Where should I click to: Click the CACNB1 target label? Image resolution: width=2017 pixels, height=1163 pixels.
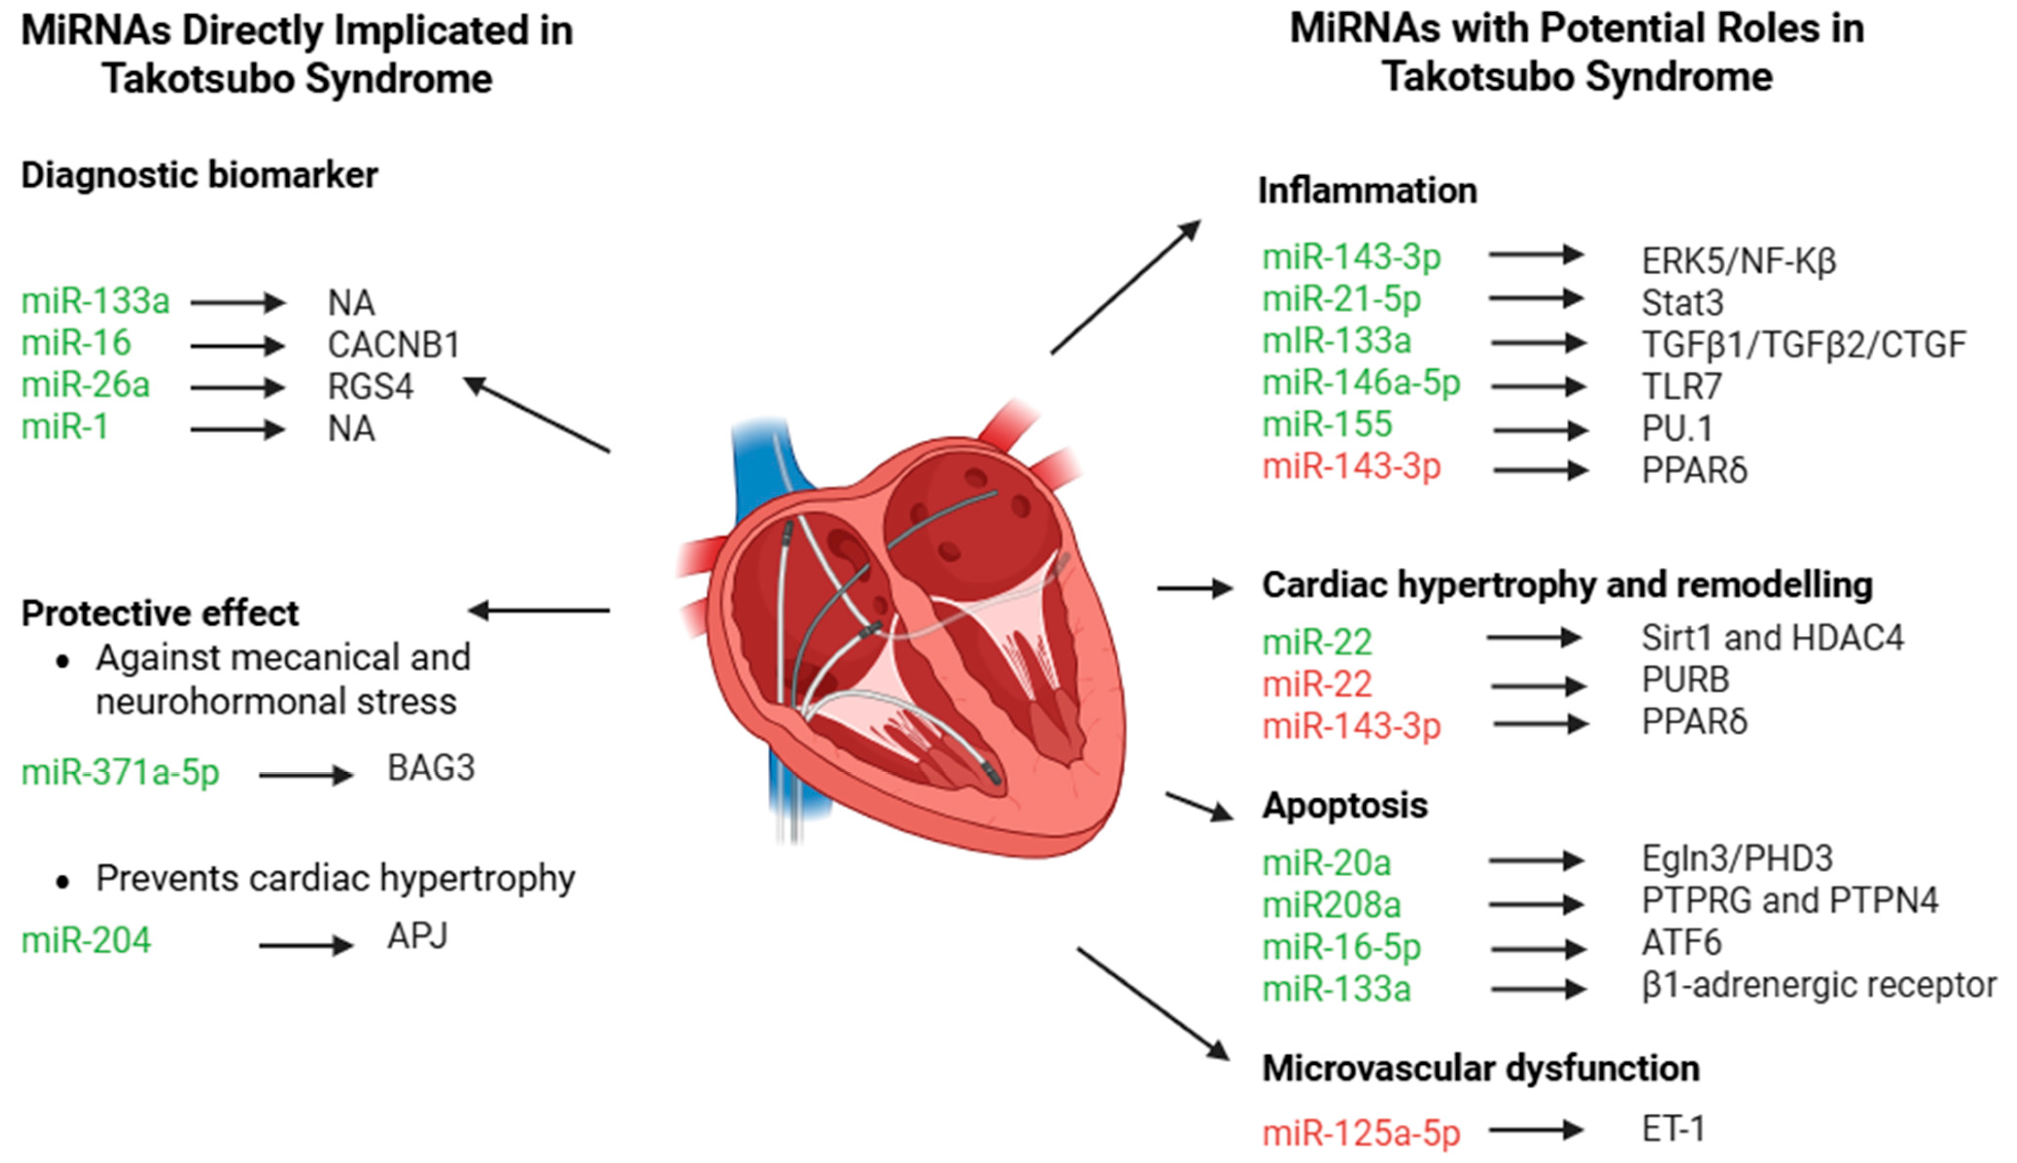click(394, 345)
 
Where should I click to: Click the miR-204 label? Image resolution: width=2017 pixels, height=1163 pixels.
click(86, 940)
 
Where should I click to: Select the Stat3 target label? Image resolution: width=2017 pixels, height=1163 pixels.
click(1682, 302)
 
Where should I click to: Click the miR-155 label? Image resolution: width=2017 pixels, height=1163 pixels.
click(1327, 424)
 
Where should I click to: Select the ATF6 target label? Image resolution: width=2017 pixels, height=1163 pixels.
click(1681, 943)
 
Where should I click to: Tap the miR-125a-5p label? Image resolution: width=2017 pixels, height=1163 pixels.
click(1360, 1133)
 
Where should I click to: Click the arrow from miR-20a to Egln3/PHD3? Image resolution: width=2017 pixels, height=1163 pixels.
click(1535, 861)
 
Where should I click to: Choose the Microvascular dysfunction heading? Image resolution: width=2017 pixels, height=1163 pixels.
click(1480, 1069)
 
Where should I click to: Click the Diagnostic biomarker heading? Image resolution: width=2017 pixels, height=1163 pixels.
click(199, 176)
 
